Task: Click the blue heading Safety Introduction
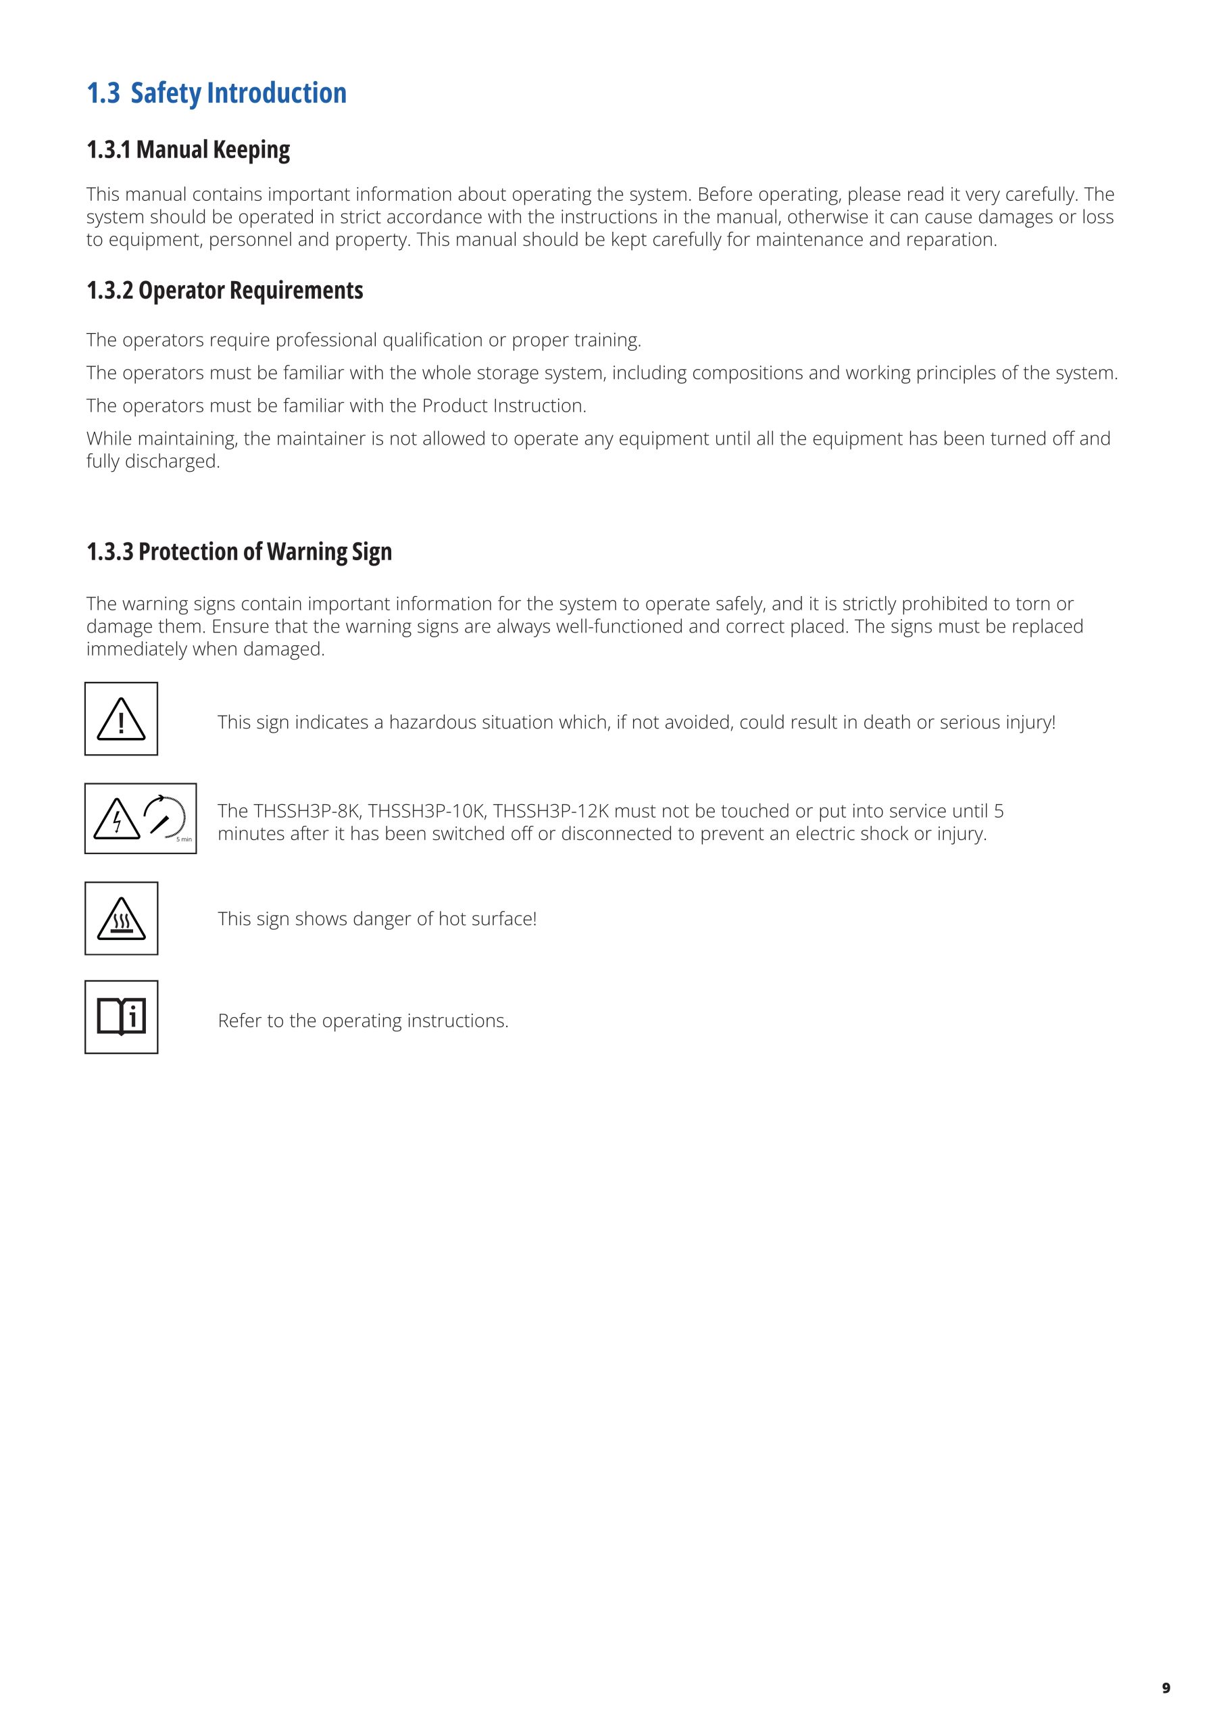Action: click(x=217, y=93)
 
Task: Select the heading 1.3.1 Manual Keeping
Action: click(x=189, y=150)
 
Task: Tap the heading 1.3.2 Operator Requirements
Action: click(x=224, y=290)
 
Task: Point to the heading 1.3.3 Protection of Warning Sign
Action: click(x=239, y=551)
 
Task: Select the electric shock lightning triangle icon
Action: click(x=117, y=819)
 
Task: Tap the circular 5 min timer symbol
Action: click(x=166, y=818)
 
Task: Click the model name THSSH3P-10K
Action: click(x=426, y=812)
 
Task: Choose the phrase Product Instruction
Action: click(x=503, y=406)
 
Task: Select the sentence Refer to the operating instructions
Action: click(x=364, y=1021)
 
